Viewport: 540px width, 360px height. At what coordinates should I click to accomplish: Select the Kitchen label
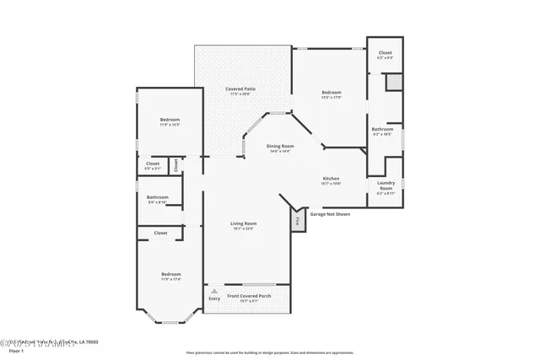(331, 180)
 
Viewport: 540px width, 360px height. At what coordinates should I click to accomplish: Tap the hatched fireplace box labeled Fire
(298, 221)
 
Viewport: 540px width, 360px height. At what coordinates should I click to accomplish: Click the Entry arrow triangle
(213, 291)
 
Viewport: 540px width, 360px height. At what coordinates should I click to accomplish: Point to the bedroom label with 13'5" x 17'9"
(331, 94)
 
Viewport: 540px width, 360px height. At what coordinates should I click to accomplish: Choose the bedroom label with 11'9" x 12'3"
(170, 122)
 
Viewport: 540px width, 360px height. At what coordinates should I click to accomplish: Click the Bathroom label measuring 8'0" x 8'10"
(158, 199)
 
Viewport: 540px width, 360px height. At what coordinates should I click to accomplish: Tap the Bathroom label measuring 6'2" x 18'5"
(381, 131)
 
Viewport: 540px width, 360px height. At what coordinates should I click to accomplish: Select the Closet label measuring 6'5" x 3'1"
(153, 165)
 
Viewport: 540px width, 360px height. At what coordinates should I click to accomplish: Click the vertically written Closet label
(175, 164)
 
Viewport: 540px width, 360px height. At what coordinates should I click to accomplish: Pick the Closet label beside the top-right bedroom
(385, 55)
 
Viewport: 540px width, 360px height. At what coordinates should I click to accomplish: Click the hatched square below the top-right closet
(393, 83)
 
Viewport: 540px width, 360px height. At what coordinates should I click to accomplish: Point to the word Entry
(213, 298)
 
